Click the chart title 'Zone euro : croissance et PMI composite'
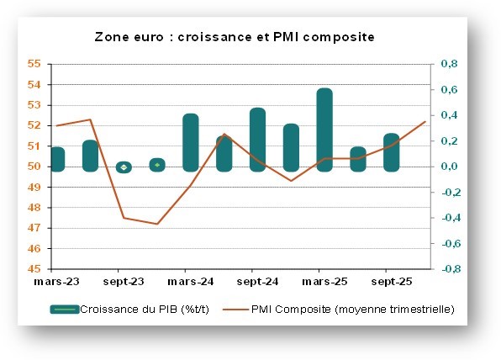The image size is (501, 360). point(234,37)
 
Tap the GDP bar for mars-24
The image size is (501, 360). point(191,142)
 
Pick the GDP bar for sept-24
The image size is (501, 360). point(257,140)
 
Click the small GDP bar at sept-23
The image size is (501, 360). point(124,167)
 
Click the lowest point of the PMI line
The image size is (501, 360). point(157,224)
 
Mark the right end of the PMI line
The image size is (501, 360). point(425,121)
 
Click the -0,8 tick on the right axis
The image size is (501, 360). point(448,269)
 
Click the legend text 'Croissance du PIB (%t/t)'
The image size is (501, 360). point(140,310)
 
